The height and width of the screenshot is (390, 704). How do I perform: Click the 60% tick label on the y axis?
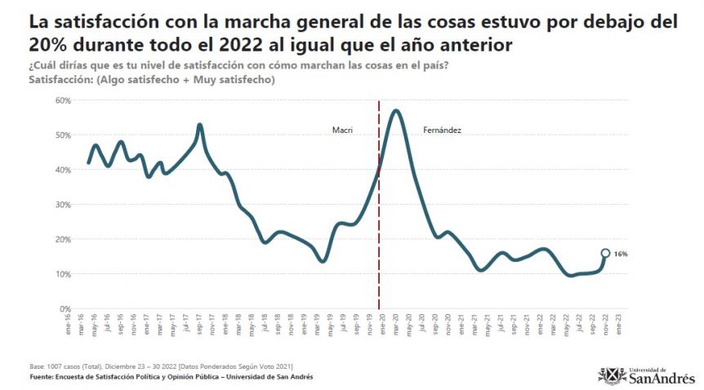pyautogui.click(x=64, y=100)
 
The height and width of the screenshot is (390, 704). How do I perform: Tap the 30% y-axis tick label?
pyautogui.click(x=64, y=205)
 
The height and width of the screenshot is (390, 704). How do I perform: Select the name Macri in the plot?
pyautogui.click(x=341, y=130)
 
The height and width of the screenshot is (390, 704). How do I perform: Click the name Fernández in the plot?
pyautogui.click(x=443, y=130)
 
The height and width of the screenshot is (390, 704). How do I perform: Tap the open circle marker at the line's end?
pyautogui.click(x=605, y=253)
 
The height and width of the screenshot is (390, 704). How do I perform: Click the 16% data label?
pyautogui.click(x=621, y=254)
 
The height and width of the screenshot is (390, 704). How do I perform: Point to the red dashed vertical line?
pyautogui.click(x=379, y=204)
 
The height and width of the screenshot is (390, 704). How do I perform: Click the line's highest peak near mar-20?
pyautogui.click(x=396, y=110)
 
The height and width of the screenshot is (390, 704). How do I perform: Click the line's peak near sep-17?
pyautogui.click(x=199, y=125)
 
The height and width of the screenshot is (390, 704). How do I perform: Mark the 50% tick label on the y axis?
pyautogui.click(x=64, y=135)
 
